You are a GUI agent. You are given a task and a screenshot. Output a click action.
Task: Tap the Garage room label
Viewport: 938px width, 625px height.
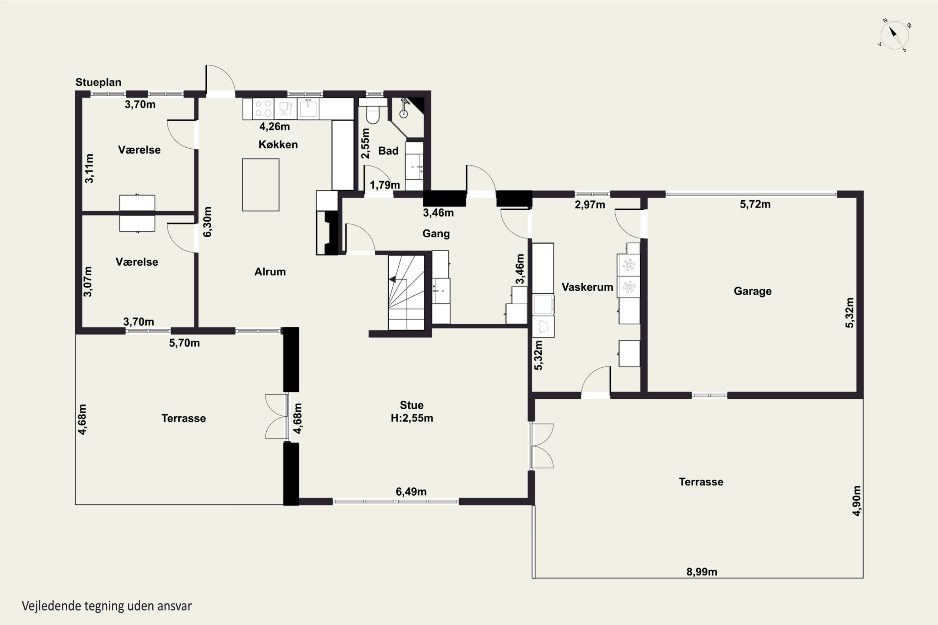point(753,291)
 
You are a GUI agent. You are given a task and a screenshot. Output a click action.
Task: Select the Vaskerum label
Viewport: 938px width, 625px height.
point(587,287)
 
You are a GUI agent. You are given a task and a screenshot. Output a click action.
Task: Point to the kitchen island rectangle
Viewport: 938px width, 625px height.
point(261,185)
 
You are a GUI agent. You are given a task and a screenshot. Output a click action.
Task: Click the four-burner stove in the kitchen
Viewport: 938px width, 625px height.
point(263,109)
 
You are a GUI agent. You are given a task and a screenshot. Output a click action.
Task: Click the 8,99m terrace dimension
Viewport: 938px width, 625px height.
point(702,572)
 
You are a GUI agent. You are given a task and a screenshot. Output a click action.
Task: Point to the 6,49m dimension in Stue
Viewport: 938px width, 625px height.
point(411,492)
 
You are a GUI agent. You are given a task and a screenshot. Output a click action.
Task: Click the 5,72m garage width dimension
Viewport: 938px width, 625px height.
point(755,204)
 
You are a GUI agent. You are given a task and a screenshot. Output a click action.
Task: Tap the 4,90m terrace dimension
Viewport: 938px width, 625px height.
point(856,501)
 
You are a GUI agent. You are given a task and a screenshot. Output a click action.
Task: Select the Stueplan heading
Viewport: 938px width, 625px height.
point(98,82)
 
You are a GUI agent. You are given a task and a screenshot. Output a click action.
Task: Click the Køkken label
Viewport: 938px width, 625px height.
point(278,144)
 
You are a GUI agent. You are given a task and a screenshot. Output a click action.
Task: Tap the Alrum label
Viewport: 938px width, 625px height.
point(270,272)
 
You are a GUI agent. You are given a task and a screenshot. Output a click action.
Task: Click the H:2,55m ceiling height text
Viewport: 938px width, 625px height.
point(412,418)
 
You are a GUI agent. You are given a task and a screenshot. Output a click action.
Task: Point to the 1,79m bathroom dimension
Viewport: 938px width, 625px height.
point(385,185)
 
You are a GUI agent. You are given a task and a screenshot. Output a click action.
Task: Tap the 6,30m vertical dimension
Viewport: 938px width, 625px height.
point(207,222)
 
